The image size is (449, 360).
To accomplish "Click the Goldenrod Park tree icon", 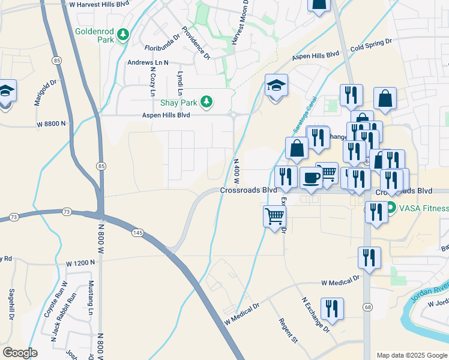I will (123, 34).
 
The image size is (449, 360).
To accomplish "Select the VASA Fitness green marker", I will (391, 209).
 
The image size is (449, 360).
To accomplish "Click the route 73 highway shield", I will (66, 212).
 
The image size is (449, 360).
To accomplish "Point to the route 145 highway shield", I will (138, 232).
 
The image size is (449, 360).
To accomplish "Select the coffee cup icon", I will (311, 178).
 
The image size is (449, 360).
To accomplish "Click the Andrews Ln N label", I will (148, 62).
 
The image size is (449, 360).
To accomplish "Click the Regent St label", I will (288, 331).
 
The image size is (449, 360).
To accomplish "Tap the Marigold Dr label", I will (45, 92).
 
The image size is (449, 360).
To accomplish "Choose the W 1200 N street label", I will (81, 263).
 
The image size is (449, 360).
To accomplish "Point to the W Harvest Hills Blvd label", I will (100, 4).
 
